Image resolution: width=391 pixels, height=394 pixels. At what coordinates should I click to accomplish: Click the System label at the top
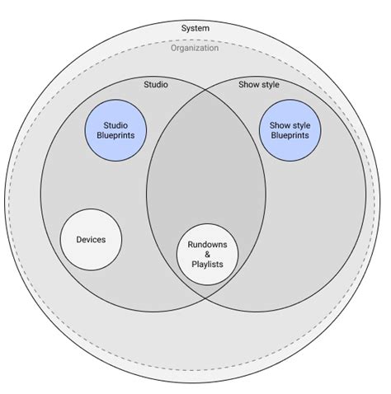[x=195, y=28]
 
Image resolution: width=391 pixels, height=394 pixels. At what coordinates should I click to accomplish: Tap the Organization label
[x=195, y=48]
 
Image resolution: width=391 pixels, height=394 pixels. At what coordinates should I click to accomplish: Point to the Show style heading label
[x=259, y=84]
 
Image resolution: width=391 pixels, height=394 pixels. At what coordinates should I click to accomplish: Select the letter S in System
[x=183, y=28]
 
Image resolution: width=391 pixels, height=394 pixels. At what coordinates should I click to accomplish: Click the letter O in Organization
[x=174, y=48]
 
